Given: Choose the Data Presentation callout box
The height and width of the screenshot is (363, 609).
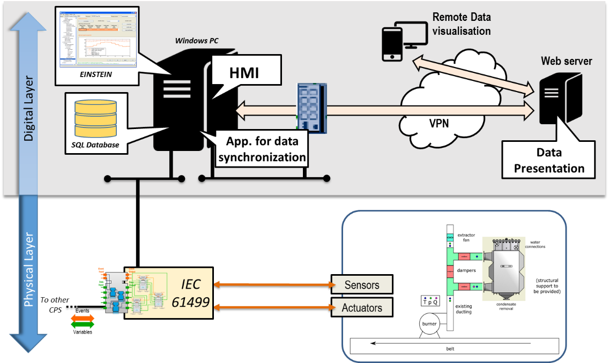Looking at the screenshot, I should tap(549, 161).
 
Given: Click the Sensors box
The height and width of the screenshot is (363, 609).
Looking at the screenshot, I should tap(362, 285).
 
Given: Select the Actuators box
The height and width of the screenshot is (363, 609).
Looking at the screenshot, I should tap(362, 308).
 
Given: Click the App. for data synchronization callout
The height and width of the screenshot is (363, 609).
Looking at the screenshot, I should tap(262, 149).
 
